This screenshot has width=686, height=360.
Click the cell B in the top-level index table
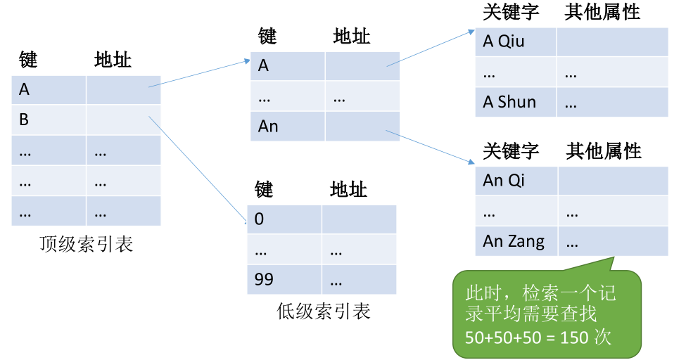tap(49, 120)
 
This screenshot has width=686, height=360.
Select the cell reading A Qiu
tap(515, 41)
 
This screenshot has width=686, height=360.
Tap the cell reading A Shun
tap(515, 102)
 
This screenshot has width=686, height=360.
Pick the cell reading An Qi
tap(516, 181)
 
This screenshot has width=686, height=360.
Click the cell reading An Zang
tap(516, 241)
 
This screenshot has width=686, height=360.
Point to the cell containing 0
tap(284, 219)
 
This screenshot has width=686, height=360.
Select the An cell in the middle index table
tap(288, 127)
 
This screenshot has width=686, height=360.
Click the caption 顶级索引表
tap(86, 244)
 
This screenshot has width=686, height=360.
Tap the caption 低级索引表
tap(324, 311)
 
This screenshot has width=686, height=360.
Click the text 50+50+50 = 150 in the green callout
tap(527, 337)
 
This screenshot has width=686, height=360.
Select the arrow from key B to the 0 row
tap(198, 170)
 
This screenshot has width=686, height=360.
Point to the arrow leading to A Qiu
tap(431, 48)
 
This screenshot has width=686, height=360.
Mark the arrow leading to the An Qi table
tap(430, 147)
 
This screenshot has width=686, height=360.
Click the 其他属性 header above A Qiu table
tap(602, 12)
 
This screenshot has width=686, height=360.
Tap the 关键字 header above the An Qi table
tap(511, 151)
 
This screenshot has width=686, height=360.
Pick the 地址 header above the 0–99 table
tap(348, 189)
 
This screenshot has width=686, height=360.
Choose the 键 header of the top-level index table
tap(28, 60)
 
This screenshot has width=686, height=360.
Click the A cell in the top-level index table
tap(49, 90)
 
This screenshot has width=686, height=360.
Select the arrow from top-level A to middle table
tap(199, 74)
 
